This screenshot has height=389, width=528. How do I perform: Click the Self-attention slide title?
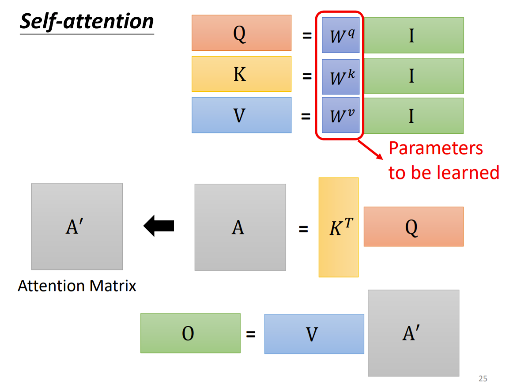[87, 22]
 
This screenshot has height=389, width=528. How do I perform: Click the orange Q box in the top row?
[241, 33]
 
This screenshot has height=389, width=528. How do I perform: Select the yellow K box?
[241, 74]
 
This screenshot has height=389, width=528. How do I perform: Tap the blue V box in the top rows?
[241, 115]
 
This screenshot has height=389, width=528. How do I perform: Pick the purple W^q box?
[340, 35]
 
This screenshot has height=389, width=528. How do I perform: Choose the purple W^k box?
[340, 77]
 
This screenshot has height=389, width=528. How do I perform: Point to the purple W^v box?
[340, 115]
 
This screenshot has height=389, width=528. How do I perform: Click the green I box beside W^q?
[413, 35]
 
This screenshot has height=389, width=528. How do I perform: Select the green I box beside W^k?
[413, 76]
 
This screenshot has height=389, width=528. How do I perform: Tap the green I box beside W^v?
[413, 115]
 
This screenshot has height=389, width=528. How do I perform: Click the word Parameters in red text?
[435, 148]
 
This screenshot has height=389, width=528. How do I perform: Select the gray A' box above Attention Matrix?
[77, 227]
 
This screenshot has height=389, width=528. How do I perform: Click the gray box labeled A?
[240, 227]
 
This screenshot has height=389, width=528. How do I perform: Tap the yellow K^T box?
[338, 227]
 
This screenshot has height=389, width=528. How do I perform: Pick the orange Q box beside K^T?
[413, 227]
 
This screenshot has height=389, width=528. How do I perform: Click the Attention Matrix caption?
[77, 286]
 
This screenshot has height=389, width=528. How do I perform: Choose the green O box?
[190, 333]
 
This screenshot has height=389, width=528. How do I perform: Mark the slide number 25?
[483, 378]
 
